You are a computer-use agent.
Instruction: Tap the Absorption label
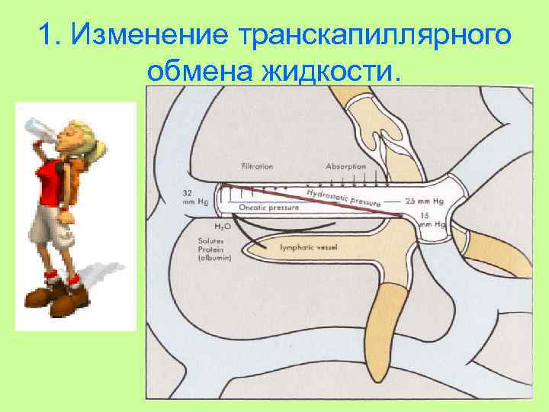tap(345, 166)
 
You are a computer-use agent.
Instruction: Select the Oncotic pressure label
tap(268, 207)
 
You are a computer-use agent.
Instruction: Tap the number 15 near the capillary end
tap(425, 216)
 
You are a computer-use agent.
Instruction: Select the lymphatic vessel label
tap(309, 248)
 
